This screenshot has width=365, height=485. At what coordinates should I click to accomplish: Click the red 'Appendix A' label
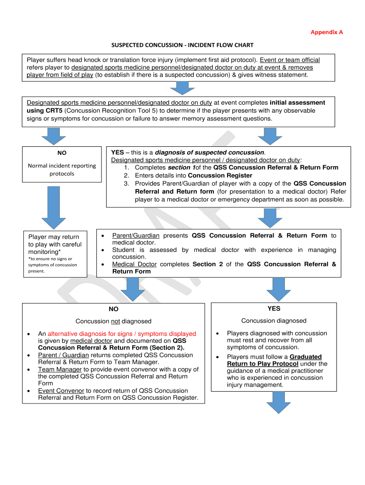click(x=327, y=32)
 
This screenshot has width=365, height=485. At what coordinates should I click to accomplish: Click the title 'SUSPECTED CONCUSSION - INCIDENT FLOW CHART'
click(x=182, y=45)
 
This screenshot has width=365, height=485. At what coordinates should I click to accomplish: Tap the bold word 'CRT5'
click(x=36, y=110)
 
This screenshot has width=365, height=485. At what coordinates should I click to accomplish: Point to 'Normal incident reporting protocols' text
click(x=62, y=170)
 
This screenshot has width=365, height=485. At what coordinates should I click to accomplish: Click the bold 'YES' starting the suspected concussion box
click(x=117, y=152)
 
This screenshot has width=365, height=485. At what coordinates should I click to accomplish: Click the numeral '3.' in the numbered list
click(x=127, y=183)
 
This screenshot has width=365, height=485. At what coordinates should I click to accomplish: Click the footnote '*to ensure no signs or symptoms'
click(x=52, y=265)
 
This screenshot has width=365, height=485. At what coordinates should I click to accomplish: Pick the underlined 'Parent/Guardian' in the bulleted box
click(x=136, y=235)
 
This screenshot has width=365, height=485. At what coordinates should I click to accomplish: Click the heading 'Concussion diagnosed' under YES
click(x=274, y=321)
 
